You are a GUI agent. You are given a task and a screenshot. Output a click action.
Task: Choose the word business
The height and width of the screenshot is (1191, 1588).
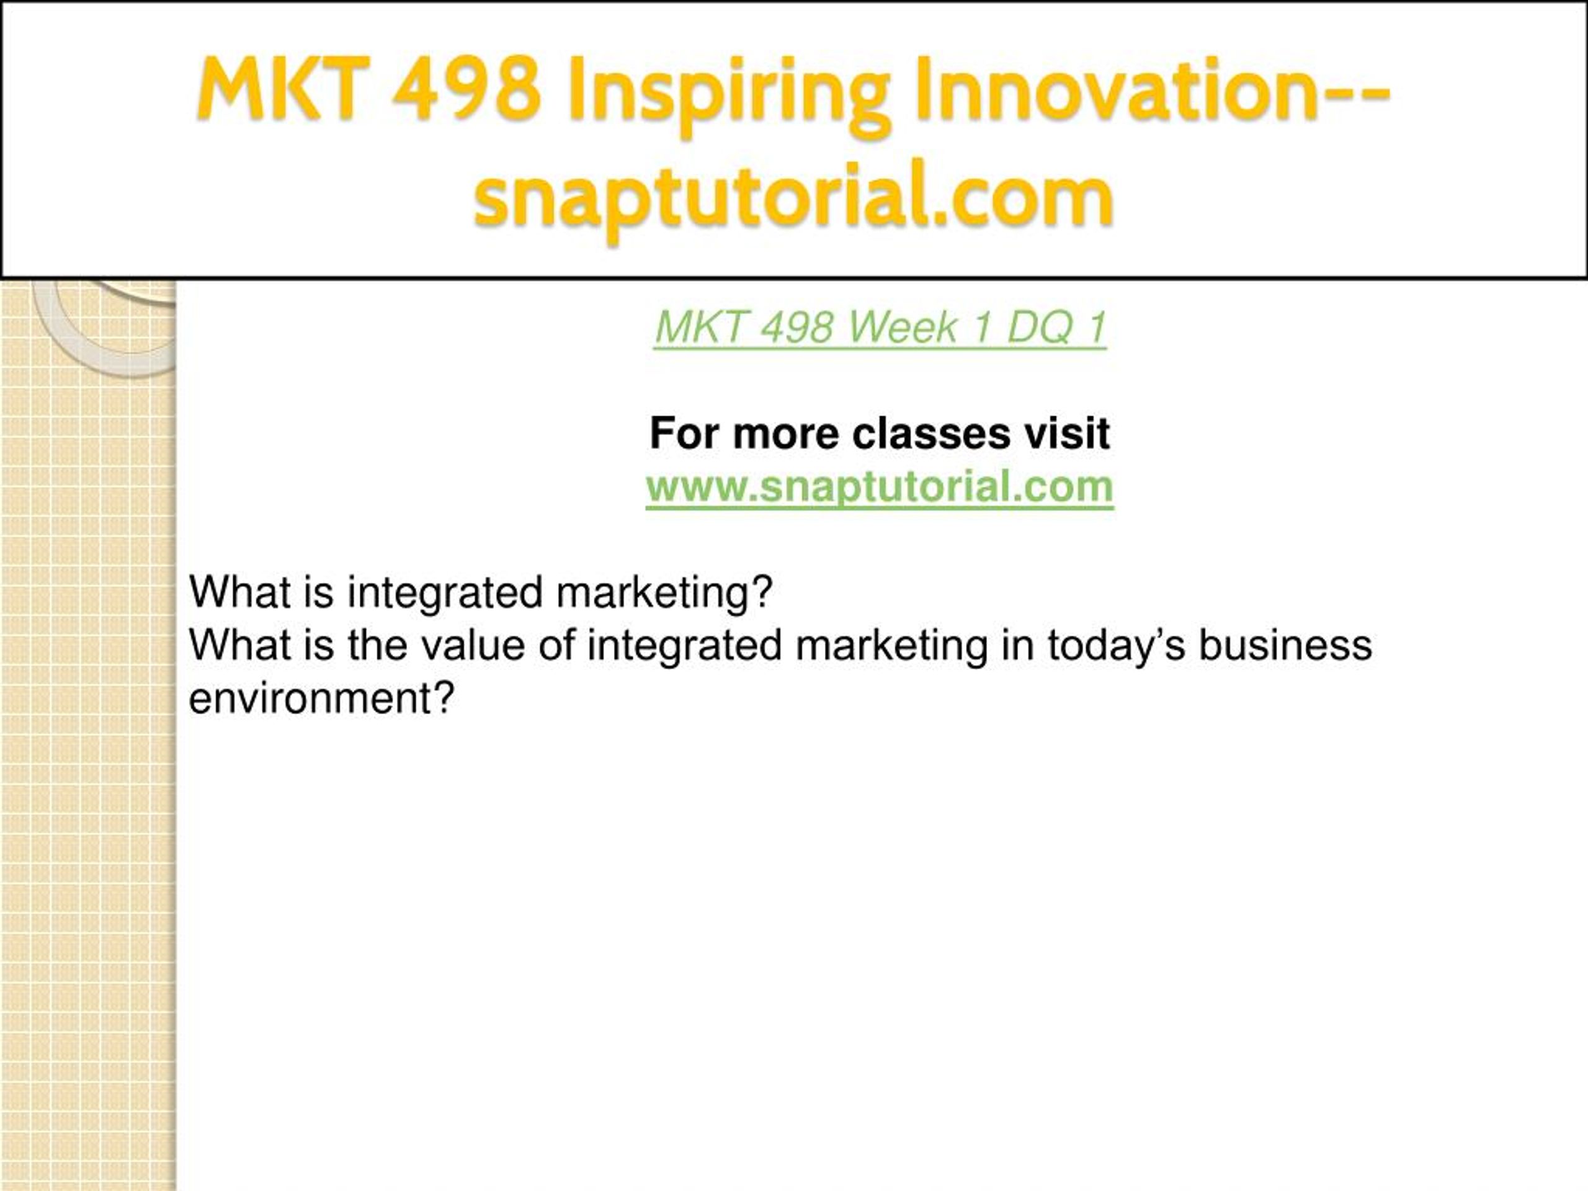coord(1286,645)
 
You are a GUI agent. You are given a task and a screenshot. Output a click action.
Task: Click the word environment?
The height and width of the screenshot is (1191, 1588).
coord(321,698)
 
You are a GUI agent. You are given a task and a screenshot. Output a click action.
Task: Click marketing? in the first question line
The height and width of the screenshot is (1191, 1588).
coord(664,594)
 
